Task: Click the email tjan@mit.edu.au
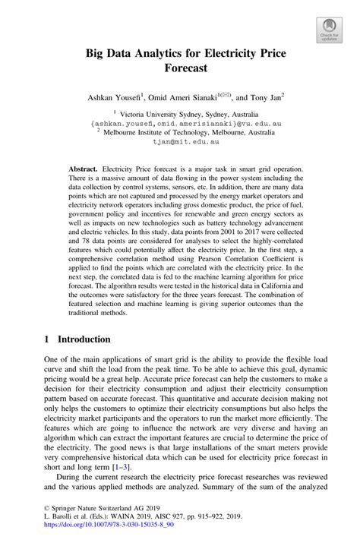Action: point(180,142)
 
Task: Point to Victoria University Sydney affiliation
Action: point(182,111)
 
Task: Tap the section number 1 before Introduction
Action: point(46,339)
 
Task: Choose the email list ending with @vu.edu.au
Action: point(180,122)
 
